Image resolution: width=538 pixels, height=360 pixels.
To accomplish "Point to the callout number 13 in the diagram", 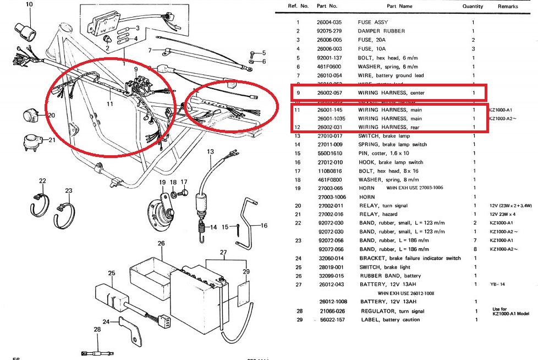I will tap(210, 151).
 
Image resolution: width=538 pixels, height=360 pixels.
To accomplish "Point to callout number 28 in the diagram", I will tap(97, 330).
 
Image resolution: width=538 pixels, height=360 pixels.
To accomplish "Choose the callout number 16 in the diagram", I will tap(264, 226).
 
